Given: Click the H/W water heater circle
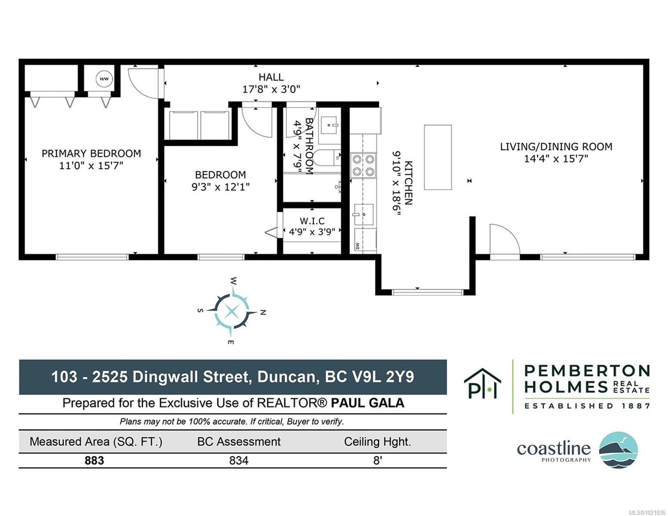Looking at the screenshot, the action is click(104, 79).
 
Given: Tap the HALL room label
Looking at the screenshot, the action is click(271, 77).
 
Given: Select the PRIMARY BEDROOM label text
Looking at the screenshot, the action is click(91, 154).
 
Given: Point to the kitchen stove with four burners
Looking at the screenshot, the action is click(363, 166).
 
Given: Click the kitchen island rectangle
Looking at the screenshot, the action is click(438, 157).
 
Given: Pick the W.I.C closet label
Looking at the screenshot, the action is click(312, 221).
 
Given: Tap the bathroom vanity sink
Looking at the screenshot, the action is click(329, 126).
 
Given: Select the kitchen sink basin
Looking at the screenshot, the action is click(363, 214).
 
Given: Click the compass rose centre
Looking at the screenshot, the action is click(231, 311).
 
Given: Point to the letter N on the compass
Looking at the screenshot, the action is click(263, 313).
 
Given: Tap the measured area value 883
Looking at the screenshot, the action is click(94, 461).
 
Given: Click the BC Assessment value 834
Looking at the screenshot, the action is click(239, 461).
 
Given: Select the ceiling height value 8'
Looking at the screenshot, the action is click(378, 461).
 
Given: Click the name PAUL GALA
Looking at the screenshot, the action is click(367, 403).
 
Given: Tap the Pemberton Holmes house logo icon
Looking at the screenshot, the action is click(482, 384).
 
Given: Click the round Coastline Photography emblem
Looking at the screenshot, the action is click(618, 450).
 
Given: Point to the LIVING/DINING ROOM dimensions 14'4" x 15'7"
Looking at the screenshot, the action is click(556, 159).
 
